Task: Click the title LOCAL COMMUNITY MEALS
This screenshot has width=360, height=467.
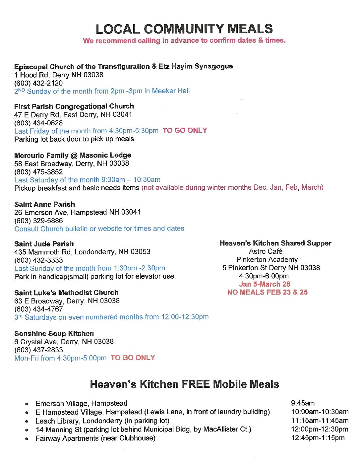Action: pos(184,29)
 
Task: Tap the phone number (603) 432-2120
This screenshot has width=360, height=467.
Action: pos(38,83)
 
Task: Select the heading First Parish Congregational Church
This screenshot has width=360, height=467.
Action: pos(74,106)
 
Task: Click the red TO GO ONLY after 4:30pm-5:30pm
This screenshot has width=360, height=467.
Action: pos(185,131)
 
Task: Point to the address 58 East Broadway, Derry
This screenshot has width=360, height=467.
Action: pos(72,164)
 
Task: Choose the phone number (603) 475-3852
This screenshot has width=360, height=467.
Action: pos(38,172)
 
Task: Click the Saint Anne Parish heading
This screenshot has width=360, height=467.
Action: pos(44,204)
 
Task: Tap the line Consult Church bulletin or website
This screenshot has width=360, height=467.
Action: pos(99,229)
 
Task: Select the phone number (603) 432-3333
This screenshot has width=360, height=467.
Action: pos(38,260)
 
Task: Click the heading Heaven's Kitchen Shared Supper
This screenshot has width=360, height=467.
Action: pos(275,243)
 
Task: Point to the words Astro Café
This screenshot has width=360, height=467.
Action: pos(266,251)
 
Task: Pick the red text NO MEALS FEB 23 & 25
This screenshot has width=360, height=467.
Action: pos(267,292)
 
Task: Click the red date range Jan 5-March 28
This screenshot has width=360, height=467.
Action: pos(265,284)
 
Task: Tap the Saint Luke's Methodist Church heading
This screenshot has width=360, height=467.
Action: pos(66,293)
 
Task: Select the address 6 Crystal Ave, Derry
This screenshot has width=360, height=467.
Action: pos(64,342)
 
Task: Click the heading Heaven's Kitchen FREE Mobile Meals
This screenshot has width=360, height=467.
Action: pos(184,384)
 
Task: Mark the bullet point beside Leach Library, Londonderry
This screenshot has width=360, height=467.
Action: pos(27,422)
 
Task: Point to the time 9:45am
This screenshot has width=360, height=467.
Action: pos(303,403)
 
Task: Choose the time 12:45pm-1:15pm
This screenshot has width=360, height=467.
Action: pos(318,438)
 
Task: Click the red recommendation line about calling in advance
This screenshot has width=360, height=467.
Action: pos(184,41)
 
